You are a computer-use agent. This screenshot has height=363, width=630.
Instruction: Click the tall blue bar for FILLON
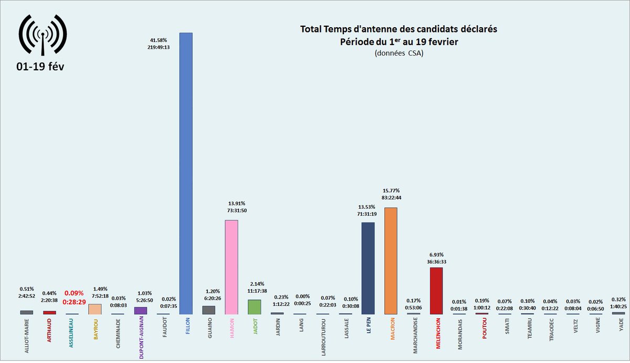coord(186,173)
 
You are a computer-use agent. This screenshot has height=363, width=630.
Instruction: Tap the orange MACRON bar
coord(391,261)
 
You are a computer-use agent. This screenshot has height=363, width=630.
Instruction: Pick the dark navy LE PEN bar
coord(368,268)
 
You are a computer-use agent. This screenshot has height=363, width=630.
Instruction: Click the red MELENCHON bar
coord(436,291)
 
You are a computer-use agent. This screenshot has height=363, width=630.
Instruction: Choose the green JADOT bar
coord(254,307)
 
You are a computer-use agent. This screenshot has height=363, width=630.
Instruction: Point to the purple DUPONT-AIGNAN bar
coord(141,311)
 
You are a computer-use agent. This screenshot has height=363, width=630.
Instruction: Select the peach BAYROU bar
coord(95,309)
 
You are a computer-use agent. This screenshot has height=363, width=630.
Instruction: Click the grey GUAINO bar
coord(208,309)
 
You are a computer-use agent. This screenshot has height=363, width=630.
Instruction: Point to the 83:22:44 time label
coord(391,198)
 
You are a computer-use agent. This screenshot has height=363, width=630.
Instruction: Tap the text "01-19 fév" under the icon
coord(41,67)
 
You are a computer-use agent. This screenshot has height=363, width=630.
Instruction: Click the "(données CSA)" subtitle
coord(398,53)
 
